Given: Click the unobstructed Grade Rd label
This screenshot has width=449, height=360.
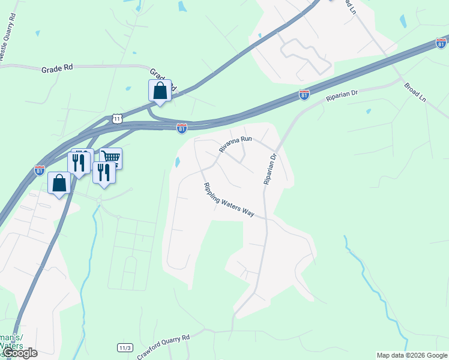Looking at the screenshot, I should [x=57, y=68].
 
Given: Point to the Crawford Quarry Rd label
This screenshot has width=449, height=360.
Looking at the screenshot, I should [x=163, y=346].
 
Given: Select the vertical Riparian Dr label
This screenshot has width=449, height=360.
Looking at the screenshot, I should [x=268, y=169].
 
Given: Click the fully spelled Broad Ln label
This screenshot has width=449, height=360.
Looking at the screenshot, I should [x=414, y=92].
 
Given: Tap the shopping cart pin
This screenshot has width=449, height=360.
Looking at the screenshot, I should [x=111, y=158].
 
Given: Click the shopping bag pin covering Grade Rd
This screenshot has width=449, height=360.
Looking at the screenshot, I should [x=160, y=91].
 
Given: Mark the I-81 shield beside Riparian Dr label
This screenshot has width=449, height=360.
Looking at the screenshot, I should [x=304, y=95].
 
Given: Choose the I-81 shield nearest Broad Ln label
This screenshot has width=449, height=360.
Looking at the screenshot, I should [x=441, y=43].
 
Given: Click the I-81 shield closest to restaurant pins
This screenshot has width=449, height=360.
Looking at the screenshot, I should [x=40, y=170].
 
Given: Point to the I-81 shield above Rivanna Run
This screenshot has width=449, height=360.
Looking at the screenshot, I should [x=182, y=128].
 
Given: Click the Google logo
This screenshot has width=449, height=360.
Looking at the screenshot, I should [x=20, y=353].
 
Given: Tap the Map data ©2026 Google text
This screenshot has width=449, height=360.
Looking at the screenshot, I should [x=412, y=355].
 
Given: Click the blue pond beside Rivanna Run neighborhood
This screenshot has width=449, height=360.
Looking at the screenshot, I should [x=177, y=162].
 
